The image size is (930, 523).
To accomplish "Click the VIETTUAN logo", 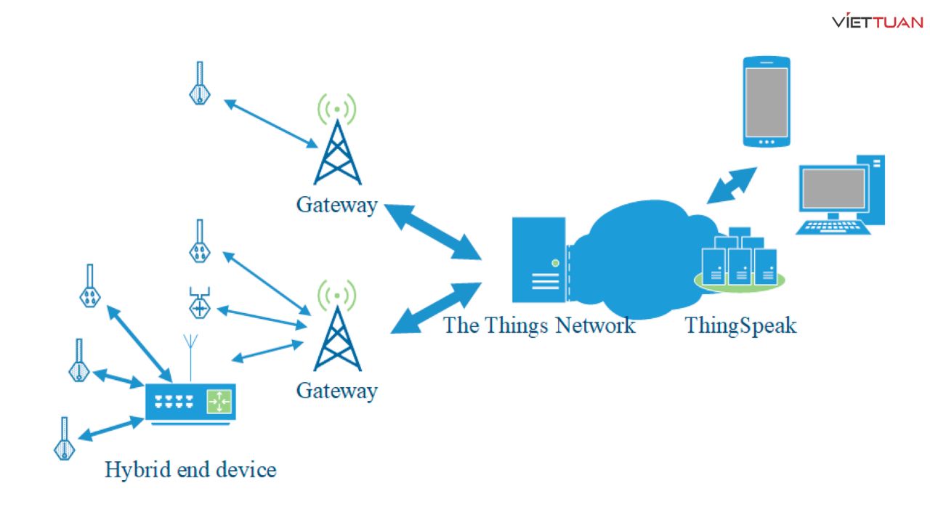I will click(x=877, y=21).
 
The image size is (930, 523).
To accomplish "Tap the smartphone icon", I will click(x=766, y=101).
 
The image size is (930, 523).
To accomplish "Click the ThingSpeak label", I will click(x=740, y=325).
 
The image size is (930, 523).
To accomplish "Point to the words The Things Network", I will click(x=539, y=325).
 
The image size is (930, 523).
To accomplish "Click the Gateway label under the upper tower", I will click(x=336, y=205).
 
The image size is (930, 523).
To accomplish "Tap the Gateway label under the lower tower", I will click(x=336, y=391).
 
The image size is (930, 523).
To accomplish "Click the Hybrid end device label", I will click(x=190, y=469).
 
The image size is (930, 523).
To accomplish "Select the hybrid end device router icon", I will click(x=190, y=402).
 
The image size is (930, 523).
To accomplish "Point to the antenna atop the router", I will click(x=190, y=356).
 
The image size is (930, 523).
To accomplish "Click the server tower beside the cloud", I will click(x=538, y=259).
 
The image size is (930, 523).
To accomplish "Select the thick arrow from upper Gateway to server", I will click(x=432, y=231).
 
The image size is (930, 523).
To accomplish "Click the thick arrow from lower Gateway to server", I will click(x=436, y=308).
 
